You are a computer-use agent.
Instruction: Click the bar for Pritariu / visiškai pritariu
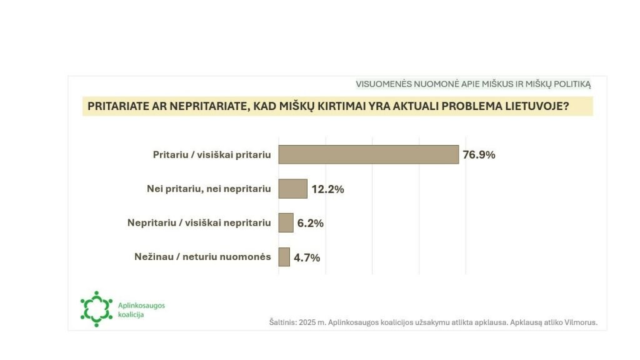click(x=368, y=154)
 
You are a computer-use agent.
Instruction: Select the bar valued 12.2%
click(x=292, y=189)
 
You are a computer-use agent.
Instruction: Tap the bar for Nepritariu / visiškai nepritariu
click(x=286, y=222)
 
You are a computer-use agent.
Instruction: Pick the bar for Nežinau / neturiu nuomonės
click(x=284, y=257)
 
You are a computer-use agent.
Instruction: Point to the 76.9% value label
click(x=479, y=155)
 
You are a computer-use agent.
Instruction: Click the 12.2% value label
click(x=327, y=189)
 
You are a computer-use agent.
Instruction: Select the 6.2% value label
click(x=310, y=223)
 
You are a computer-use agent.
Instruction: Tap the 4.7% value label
click(x=306, y=257)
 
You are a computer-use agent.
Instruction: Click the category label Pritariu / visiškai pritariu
click(x=212, y=155)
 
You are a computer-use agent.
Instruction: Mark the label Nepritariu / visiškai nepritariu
click(x=199, y=222)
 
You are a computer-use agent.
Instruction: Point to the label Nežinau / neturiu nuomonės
click(x=202, y=256)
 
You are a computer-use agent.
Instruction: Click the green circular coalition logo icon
click(x=96, y=308)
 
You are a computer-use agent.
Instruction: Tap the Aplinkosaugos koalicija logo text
click(x=141, y=309)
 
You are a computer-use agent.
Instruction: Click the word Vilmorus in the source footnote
click(x=581, y=322)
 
